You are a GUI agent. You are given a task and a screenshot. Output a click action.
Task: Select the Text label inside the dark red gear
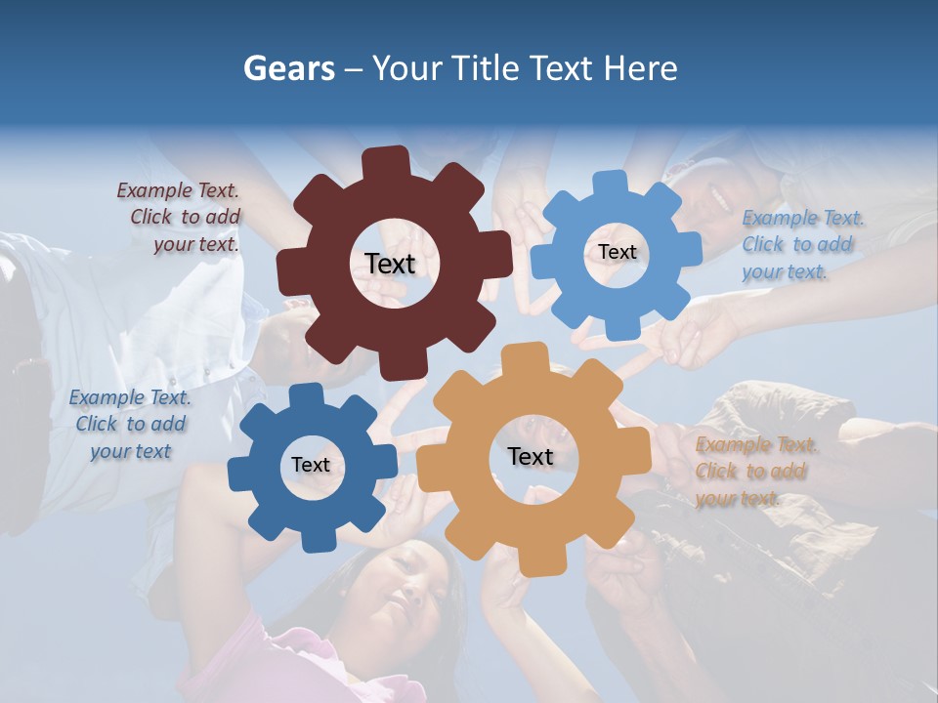point(390,264)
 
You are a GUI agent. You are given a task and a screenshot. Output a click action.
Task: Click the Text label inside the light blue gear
point(617,252)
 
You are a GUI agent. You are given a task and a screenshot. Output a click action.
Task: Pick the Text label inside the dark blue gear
point(310,466)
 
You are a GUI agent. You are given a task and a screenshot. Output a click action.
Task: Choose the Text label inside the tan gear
point(530,457)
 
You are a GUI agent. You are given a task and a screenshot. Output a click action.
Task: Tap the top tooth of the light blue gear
point(611,184)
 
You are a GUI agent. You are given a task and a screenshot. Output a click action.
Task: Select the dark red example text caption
point(180,218)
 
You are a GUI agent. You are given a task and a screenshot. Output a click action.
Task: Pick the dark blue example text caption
point(130,424)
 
